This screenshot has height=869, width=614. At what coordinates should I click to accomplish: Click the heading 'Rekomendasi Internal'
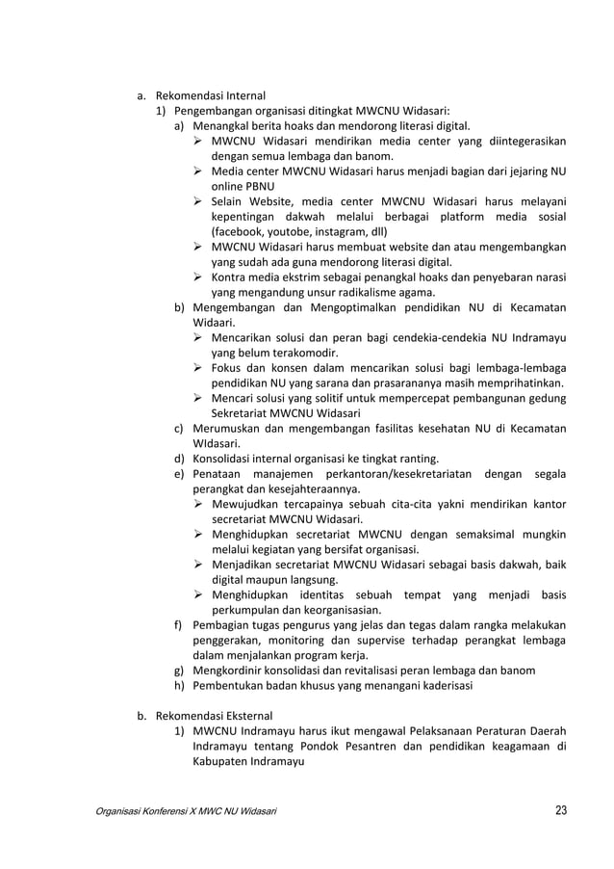tap(210, 95)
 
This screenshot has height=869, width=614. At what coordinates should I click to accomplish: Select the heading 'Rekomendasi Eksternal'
tap(214, 716)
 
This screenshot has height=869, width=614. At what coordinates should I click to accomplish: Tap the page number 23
tap(560, 810)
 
